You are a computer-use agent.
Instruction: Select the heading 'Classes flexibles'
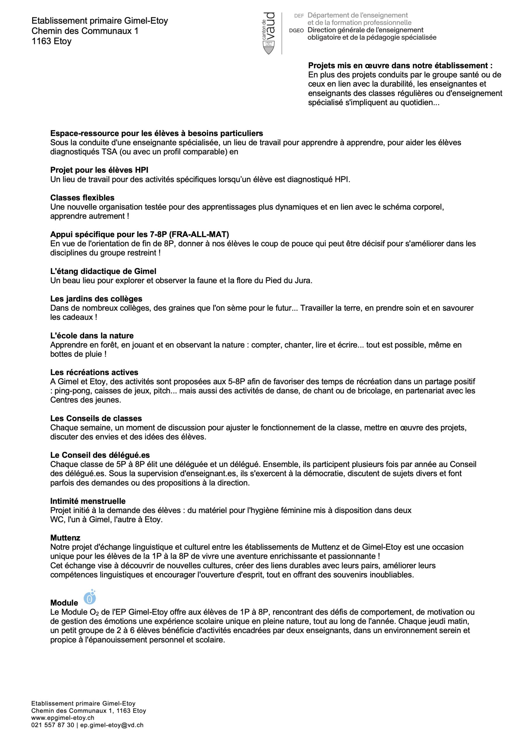[82, 198]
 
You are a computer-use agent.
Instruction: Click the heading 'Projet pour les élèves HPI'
[99, 170]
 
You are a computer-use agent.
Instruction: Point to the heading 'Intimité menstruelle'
[88, 501]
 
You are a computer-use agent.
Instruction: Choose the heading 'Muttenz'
[65, 538]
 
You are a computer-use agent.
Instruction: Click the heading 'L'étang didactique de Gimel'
[103, 271]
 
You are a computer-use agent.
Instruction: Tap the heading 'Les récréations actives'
[94, 372]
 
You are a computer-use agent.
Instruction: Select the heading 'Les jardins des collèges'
[96, 299]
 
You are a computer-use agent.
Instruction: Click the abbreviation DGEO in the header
[296, 30]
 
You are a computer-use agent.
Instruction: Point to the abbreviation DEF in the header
[299, 16]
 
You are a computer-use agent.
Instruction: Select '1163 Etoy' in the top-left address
[51, 41]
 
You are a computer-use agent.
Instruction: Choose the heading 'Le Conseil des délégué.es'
[100, 455]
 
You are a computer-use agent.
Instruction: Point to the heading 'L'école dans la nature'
[92, 335]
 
